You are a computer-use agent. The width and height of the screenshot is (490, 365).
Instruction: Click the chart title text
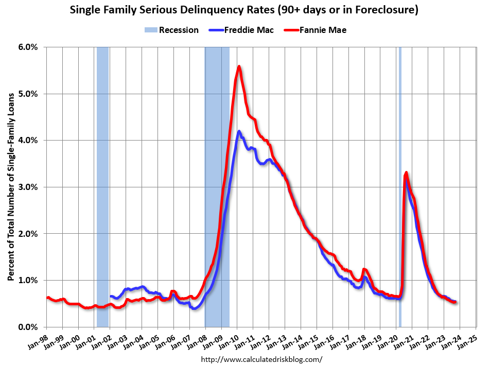245,9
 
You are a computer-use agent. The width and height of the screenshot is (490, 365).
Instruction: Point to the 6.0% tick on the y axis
28,47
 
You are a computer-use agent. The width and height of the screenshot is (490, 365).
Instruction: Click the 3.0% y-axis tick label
28,187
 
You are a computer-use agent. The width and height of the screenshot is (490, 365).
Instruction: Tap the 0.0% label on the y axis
28,327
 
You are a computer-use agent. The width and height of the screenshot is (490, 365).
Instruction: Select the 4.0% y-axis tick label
28,140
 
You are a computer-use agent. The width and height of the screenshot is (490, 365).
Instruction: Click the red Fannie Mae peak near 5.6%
239,66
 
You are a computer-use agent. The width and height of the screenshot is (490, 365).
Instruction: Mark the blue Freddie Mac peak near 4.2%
239,132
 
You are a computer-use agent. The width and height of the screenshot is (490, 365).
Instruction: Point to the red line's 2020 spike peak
406,172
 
